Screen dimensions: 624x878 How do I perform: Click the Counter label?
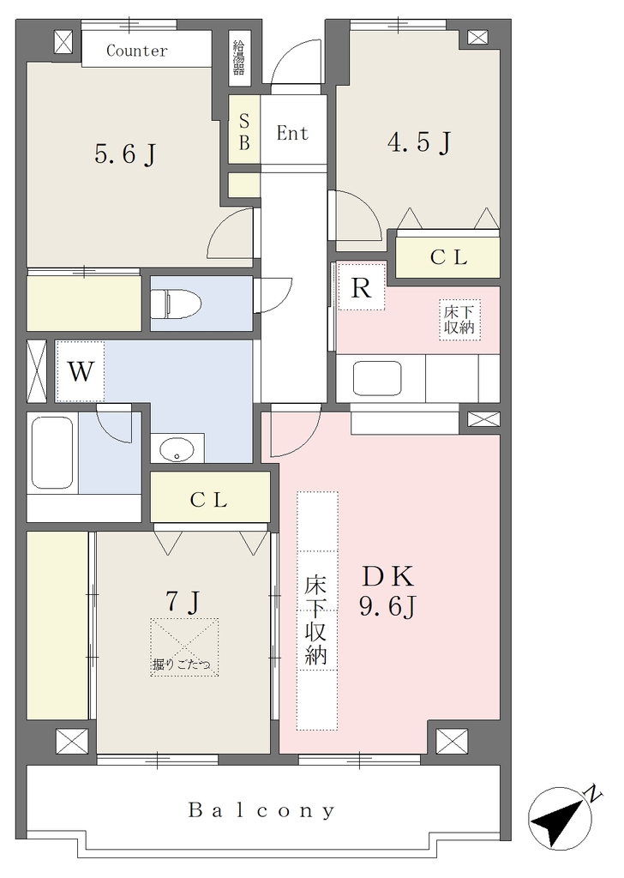pyautogui.click(x=136, y=51)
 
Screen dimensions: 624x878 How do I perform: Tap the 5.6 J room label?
pyautogui.click(x=125, y=153)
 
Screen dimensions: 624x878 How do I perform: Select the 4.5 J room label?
pyautogui.click(x=419, y=142)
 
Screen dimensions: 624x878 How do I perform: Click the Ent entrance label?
pyautogui.click(x=292, y=133)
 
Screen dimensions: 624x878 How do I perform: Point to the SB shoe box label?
pyautogui.click(x=244, y=132)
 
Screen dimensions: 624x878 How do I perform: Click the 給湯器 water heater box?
pyautogui.click(x=239, y=58)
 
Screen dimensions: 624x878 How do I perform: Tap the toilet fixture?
pyautogui.click(x=177, y=303)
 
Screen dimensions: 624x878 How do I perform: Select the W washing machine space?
pyautogui.click(x=80, y=370)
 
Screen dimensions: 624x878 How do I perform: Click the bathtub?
pyautogui.click(x=52, y=452)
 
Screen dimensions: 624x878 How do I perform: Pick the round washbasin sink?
pyautogui.click(x=177, y=448)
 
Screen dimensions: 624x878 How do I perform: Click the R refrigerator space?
pyautogui.click(x=362, y=286)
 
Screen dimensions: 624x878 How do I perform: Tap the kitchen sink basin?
pyautogui.click(x=377, y=378)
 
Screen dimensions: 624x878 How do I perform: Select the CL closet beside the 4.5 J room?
pyautogui.click(x=447, y=257)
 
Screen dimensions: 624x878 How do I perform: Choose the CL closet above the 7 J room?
pyautogui.click(x=210, y=498)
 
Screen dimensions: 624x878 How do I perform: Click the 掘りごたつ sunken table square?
pyautogui.click(x=184, y=647)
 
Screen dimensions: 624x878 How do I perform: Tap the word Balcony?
pyautogui.click(x=262, y=810)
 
